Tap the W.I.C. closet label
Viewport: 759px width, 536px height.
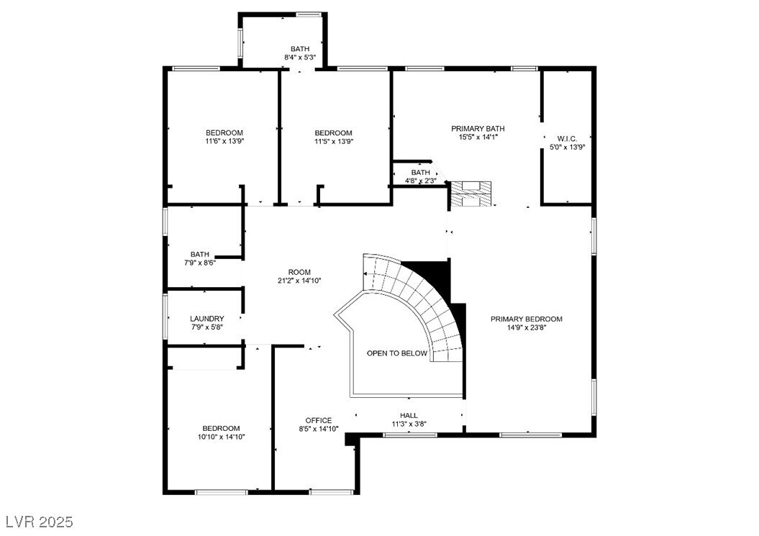[x=567, y=138]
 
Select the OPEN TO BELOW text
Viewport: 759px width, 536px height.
[x=396, y=353]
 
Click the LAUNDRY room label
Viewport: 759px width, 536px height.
[x=206, y=319]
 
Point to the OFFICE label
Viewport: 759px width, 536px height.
[x=318, y=420]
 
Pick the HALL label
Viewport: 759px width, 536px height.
[x=409, y=415]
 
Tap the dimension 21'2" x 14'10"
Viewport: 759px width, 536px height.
[x=299, y=281]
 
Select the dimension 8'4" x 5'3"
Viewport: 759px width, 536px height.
[x=300, y=57]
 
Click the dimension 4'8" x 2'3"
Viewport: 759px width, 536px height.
[x=420, y=181]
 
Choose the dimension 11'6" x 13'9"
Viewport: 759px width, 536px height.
[x=224, y=141]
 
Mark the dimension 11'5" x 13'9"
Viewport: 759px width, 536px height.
[x=333, y=141]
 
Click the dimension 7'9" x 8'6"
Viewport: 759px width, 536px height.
[x=199, y=263]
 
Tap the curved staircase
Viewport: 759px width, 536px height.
[x=424, y=302]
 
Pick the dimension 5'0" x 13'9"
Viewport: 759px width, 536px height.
[x=567, y=147]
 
